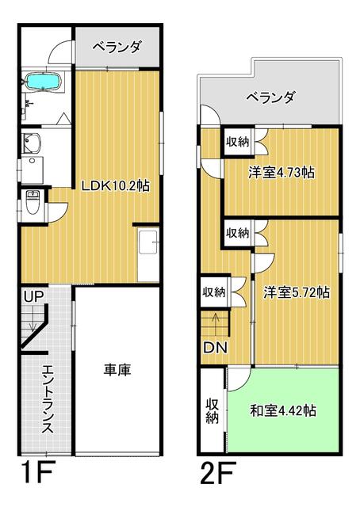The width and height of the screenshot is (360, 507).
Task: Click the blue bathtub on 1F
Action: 43,81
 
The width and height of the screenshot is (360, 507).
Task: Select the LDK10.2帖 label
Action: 115,186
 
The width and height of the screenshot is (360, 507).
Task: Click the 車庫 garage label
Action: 117,370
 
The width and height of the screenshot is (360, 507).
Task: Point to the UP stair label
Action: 33,296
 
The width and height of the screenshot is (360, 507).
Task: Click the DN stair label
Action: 215,348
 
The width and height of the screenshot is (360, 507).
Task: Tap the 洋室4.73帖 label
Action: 281,173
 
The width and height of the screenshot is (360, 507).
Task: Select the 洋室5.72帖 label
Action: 297,292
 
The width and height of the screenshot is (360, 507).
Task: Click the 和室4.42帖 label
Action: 283,410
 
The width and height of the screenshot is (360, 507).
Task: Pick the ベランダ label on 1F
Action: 117,48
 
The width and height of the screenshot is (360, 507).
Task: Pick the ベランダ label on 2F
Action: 270,97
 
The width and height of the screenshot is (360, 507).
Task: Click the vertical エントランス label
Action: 48,399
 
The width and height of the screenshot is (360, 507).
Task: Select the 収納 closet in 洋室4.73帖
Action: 238,142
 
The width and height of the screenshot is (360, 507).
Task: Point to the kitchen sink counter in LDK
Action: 148,255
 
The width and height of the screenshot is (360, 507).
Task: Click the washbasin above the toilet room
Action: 32,143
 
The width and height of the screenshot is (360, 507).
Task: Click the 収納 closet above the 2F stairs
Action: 214,292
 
